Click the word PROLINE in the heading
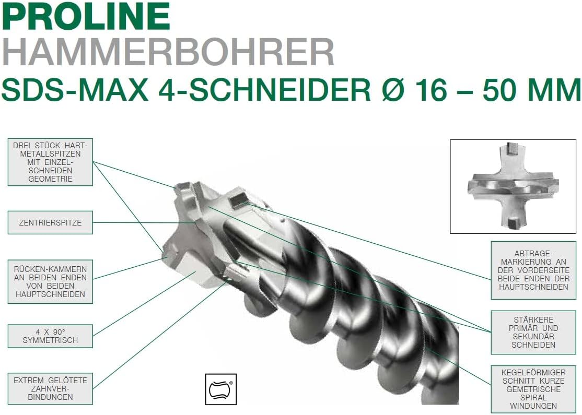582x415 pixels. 86,17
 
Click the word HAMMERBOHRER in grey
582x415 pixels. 168,52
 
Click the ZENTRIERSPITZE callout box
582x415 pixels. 50,222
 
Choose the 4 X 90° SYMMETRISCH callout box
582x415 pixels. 50,336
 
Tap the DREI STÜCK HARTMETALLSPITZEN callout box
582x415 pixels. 50,162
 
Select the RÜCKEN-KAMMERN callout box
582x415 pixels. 50,281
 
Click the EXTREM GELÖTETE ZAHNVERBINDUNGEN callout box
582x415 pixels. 50,389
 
